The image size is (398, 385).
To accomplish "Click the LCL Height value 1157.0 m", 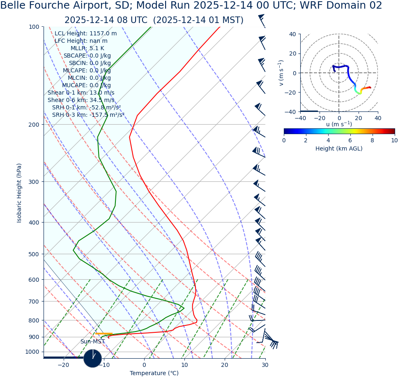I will click(x=103, y=33).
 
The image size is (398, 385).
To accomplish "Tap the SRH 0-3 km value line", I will click(x=88, y=115).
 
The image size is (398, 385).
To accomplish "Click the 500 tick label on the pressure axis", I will click(x=34, y=254).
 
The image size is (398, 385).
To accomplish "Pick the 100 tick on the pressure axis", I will click(x=34, y=27).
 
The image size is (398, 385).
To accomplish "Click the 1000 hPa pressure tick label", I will click(x=32, y=352).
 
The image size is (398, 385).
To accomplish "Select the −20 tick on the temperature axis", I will click(x=63, y=365).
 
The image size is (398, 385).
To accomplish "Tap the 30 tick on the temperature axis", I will click(x=265, y=365).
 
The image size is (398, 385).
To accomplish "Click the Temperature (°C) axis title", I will click(x=154, y=373).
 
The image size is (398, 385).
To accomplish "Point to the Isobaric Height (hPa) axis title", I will click(x=19, y=193).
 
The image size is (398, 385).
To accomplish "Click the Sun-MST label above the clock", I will click(x=92, y=341).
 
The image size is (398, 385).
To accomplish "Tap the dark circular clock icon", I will click(x=92, y=358).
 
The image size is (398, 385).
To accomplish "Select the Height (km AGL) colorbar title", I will click(x=339, y=148).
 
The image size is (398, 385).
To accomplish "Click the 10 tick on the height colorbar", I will click(x=394, y=140).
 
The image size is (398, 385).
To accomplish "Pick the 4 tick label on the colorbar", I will click(x=328, y=140).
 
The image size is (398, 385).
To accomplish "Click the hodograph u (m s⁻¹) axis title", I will click(x=339, y=124).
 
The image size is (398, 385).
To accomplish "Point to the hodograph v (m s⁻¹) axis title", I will click(x=281, y=73).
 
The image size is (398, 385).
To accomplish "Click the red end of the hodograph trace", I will click(x=370, y=87).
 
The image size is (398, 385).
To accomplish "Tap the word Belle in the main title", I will click(x=16, y=6).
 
